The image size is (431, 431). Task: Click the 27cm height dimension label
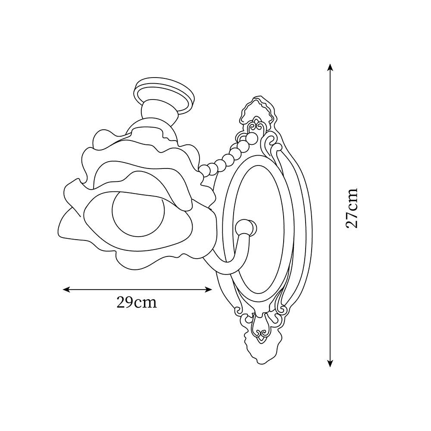pos(352,208)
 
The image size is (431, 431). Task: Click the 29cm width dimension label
pos(136,302)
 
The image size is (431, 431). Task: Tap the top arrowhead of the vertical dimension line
pos(330,67)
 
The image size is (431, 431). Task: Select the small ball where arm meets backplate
pos(245,227)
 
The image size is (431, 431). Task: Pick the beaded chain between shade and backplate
pos(224,159)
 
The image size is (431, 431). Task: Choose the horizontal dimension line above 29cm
pos(138,289)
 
